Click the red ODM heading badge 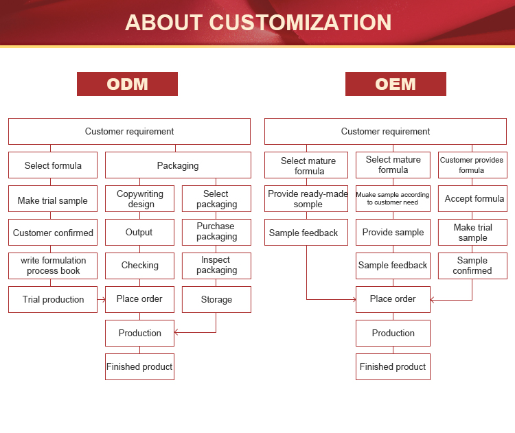coord(127,84)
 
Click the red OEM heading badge coord(396,84)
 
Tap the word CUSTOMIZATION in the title coord(300,22)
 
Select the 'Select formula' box coord(53,165)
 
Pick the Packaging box coord(178,165)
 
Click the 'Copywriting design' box coord(139,199)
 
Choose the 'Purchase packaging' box coord(216,232)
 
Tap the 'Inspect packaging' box coord(216,266)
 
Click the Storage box coord(216,299)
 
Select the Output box coord(139,232)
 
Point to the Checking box coord(139,266)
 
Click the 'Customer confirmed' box coord(53,233)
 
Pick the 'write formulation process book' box coord(53,266)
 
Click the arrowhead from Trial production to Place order coord(102,299)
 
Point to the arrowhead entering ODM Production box coord(177,333)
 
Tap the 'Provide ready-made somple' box coord(306,199)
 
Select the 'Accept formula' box coord(472,199)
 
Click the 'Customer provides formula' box coord(472,165)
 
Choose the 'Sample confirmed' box coord(472,266)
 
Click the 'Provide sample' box coord(393,233)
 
